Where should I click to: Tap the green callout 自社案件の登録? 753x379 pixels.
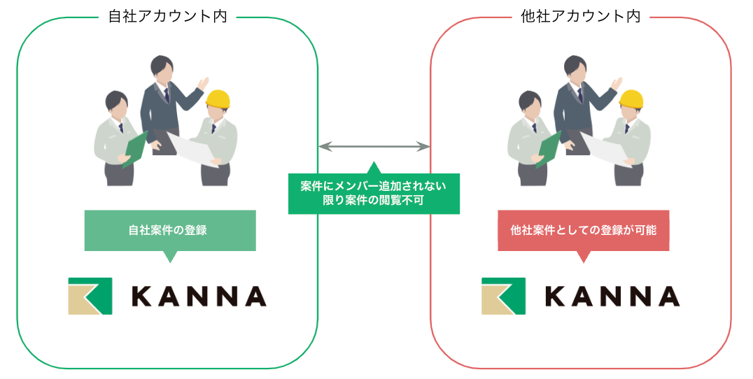[169, 230]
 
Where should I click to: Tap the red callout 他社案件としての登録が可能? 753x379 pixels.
[583, 230]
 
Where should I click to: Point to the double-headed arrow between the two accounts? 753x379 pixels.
[374, 146]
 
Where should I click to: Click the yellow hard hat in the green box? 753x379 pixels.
[218, 100]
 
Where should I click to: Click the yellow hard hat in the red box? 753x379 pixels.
[631, 100]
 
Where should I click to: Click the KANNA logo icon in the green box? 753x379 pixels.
[90, 296]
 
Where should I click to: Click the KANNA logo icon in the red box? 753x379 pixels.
[503, 296]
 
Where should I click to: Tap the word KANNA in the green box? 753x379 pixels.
[199, 296]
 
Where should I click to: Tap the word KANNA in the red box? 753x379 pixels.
[612, 296]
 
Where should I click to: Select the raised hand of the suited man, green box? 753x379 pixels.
[203, 83]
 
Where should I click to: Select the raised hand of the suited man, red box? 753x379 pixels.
[617, 83]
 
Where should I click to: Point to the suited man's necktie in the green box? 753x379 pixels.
[166, 95]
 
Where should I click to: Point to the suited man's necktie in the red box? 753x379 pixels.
[579, 95]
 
